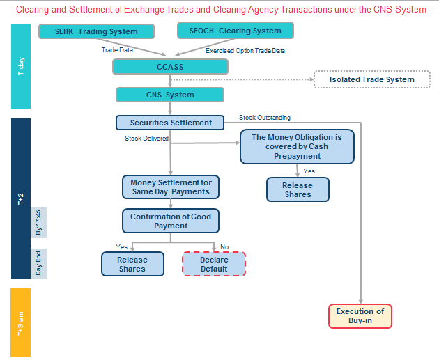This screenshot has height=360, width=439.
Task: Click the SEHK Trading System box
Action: click(98, 32)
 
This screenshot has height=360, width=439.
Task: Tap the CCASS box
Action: click(171, 66)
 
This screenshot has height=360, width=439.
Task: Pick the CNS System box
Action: click(170, 95)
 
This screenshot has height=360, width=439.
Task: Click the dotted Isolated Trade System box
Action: click(371, 79)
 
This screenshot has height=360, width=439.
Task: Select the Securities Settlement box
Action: click(170, 123)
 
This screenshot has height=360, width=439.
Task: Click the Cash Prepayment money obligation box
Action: click(297, 147)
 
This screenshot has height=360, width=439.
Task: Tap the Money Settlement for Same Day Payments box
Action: click(171, 187)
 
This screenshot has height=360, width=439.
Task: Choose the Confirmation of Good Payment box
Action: click(171, 221)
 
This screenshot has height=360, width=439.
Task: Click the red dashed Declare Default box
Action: click(214, 265)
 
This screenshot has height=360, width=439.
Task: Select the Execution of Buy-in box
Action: click(360, 316)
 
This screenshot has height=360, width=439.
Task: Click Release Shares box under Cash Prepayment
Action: click(297, 189)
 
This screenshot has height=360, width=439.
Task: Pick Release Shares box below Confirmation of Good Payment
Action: click(132, 265)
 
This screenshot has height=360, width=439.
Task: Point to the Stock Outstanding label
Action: click(265, 118)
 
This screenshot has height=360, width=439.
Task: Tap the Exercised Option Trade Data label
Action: click(245, 51)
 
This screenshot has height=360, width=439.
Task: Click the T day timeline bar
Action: click(21, 66)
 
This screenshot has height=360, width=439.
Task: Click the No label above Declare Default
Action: click(224, 246)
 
